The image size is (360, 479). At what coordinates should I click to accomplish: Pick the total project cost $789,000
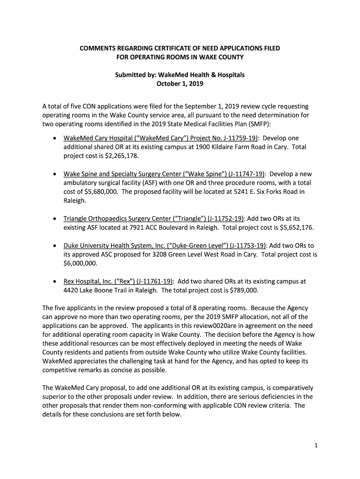[240, 290]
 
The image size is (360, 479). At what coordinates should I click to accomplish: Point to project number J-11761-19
[154, 281]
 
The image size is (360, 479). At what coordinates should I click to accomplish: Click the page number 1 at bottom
[316, 446]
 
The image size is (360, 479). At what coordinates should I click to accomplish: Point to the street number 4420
[71, 290]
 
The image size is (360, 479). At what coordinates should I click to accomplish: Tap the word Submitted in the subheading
[130, 75]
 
